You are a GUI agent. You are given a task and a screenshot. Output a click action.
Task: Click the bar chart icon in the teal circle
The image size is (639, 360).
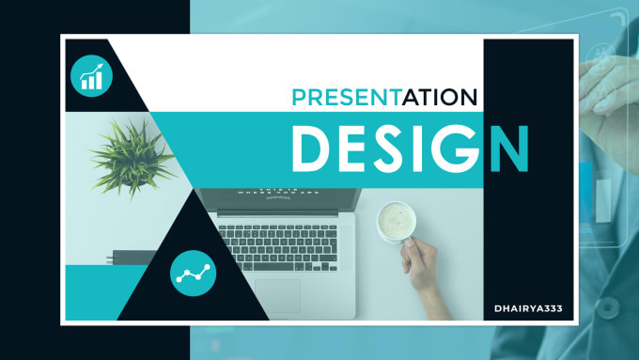point(92,74)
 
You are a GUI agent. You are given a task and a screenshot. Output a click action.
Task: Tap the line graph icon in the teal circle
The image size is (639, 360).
point(194,274)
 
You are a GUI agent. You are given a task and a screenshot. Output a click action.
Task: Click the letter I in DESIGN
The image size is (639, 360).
point(424,149)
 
